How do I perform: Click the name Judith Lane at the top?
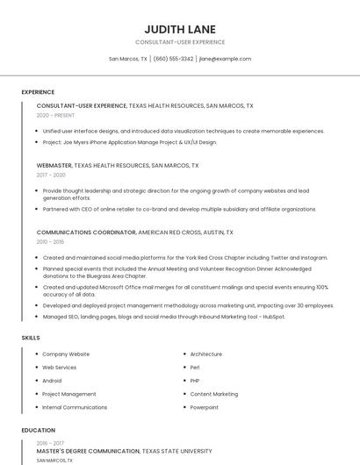pyautogui.click(x=180, y=29)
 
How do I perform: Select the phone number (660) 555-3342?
pyautogui.click(x=173, y=59)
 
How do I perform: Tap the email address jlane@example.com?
pyautogui.click(x=225, y=59)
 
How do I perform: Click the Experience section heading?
pyautogui.click(x=38, y=92)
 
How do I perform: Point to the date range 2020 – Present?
pyautogui.click(x=55, y=115)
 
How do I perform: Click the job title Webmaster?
pyautogui.click(x=54, y=165)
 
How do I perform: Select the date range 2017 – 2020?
pyautogui.click(x=51, y=175)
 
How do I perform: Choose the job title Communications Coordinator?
pyautogui.click(x=86, y=232)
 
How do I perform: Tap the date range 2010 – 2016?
pyautogui.click(x=50, y=242)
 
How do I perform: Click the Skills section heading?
pyautogui.click(x=31, y=338)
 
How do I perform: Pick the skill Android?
pyautogui.click(x=52, y=381)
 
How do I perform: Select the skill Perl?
pyautogui.click(x=195, y=368)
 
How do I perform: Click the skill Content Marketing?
pyautogui.click(x=213, y=394)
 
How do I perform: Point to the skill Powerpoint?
pyautogui.click(x=205, y=407)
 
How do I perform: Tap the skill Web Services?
pyautogui.click(x=59, y=368)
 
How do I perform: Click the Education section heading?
pyautogui.click(x=38, y=430)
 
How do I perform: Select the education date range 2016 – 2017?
pyautogui.click(x=50, y=443)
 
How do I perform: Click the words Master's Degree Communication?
pyautogui.click(x=88, y=451)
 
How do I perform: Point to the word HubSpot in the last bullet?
pyautogui.click(x=274, y=317)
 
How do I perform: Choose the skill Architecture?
pyautogui.click(x=205, y=354)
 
